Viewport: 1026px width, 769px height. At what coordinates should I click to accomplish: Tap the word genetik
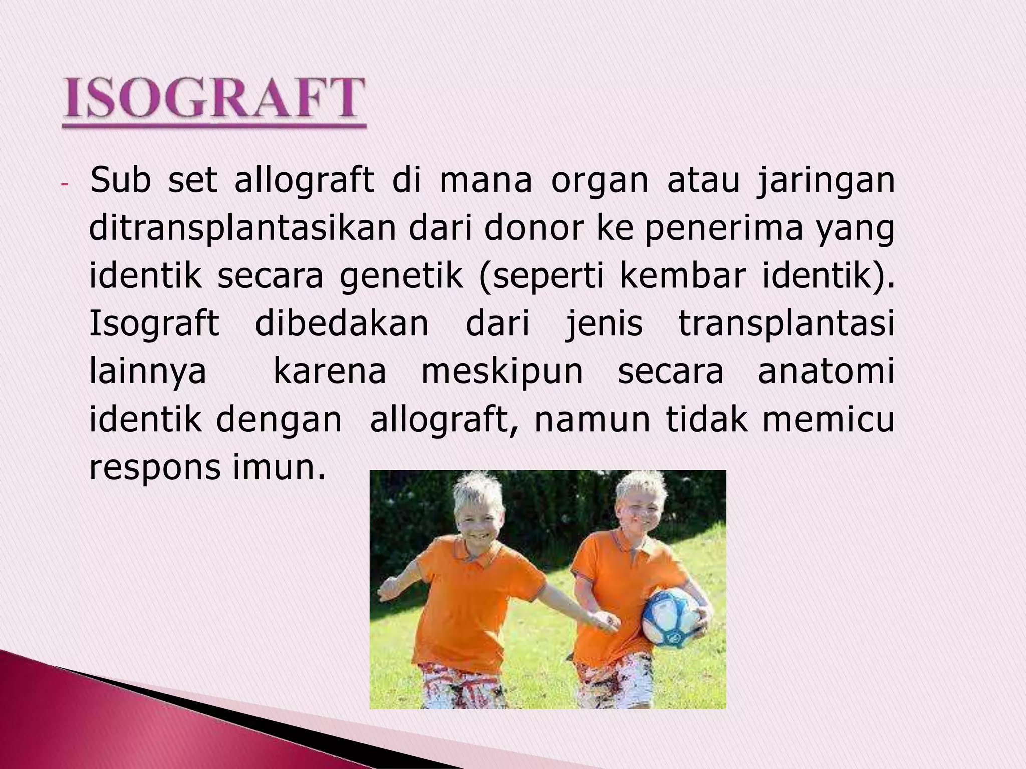[x=401, y=277]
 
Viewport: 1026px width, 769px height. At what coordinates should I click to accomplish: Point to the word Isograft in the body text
[x=154, y=324]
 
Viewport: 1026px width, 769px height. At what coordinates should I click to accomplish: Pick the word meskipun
[x=502, y=372]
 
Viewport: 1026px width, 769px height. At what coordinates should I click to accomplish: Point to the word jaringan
[x=826, y=181]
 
